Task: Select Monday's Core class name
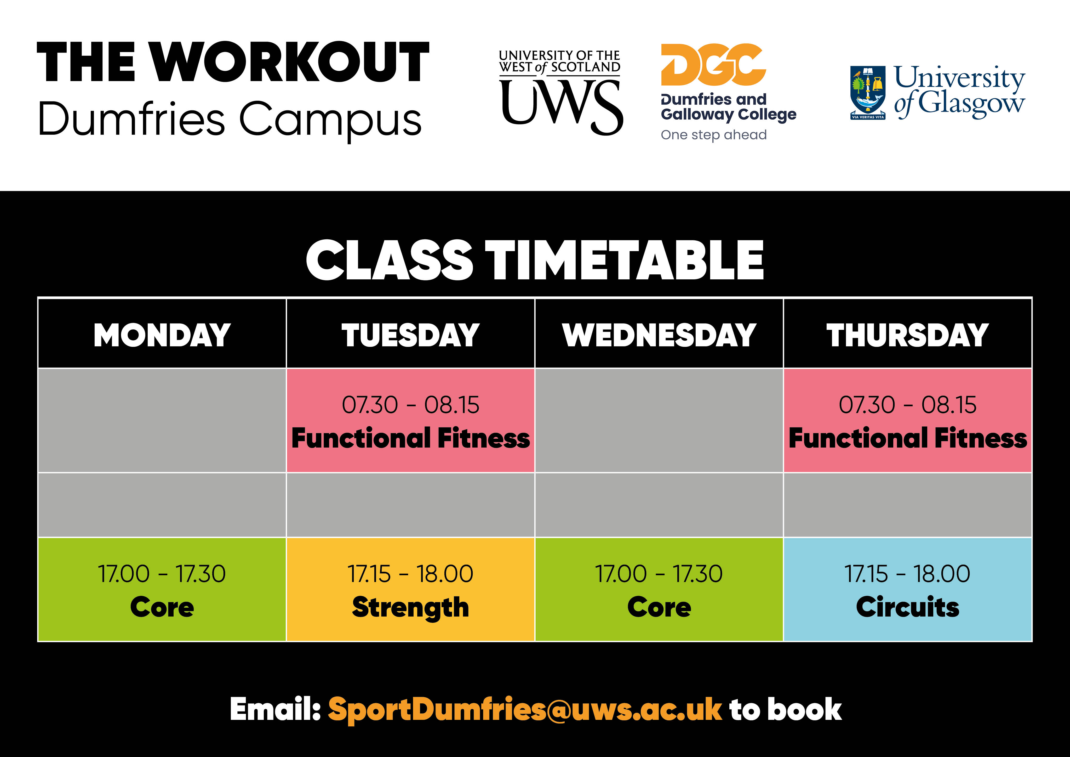click(x=162, y=607)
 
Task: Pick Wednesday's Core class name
click(x=659, y=607)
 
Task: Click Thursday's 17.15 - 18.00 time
click(x=907, y=574)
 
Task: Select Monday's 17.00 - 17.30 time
click(x=162, y=574)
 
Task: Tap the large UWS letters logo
click(x=562, y=107)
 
